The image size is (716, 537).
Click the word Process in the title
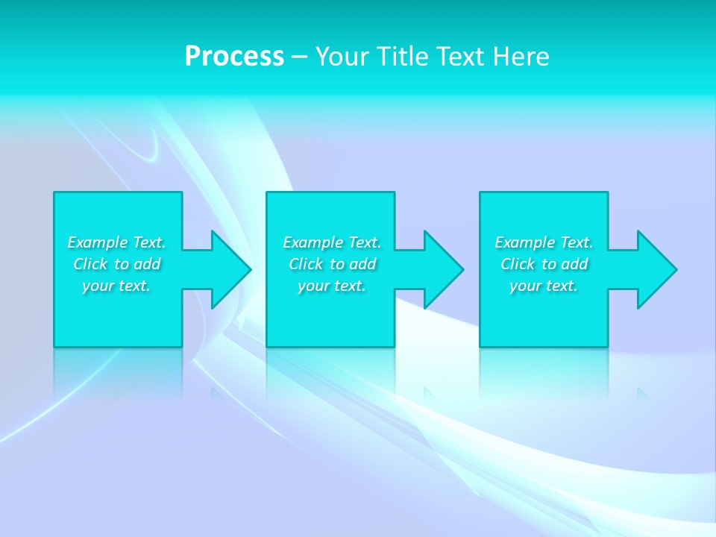pos(234,57)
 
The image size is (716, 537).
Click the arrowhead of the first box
pos(230,269)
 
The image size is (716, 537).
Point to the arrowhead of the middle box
pos(443,269)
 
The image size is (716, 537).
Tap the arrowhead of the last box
pos(656,269)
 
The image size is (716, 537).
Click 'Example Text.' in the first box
pos(116,242)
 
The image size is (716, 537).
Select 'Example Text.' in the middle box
pos(332,242)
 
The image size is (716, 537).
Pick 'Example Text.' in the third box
pos(544,242)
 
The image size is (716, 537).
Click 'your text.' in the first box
pos(116,286)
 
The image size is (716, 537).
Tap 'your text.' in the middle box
pos(332,286)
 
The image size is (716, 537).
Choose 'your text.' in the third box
pos(544,286)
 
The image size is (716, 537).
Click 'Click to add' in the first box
pos(116,264)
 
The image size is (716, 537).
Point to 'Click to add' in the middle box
pos(332,264)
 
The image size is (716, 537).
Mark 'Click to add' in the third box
pos(544,264)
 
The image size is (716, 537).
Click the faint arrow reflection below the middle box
pos(430,394)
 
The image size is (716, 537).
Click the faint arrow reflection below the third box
pos(643,394)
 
